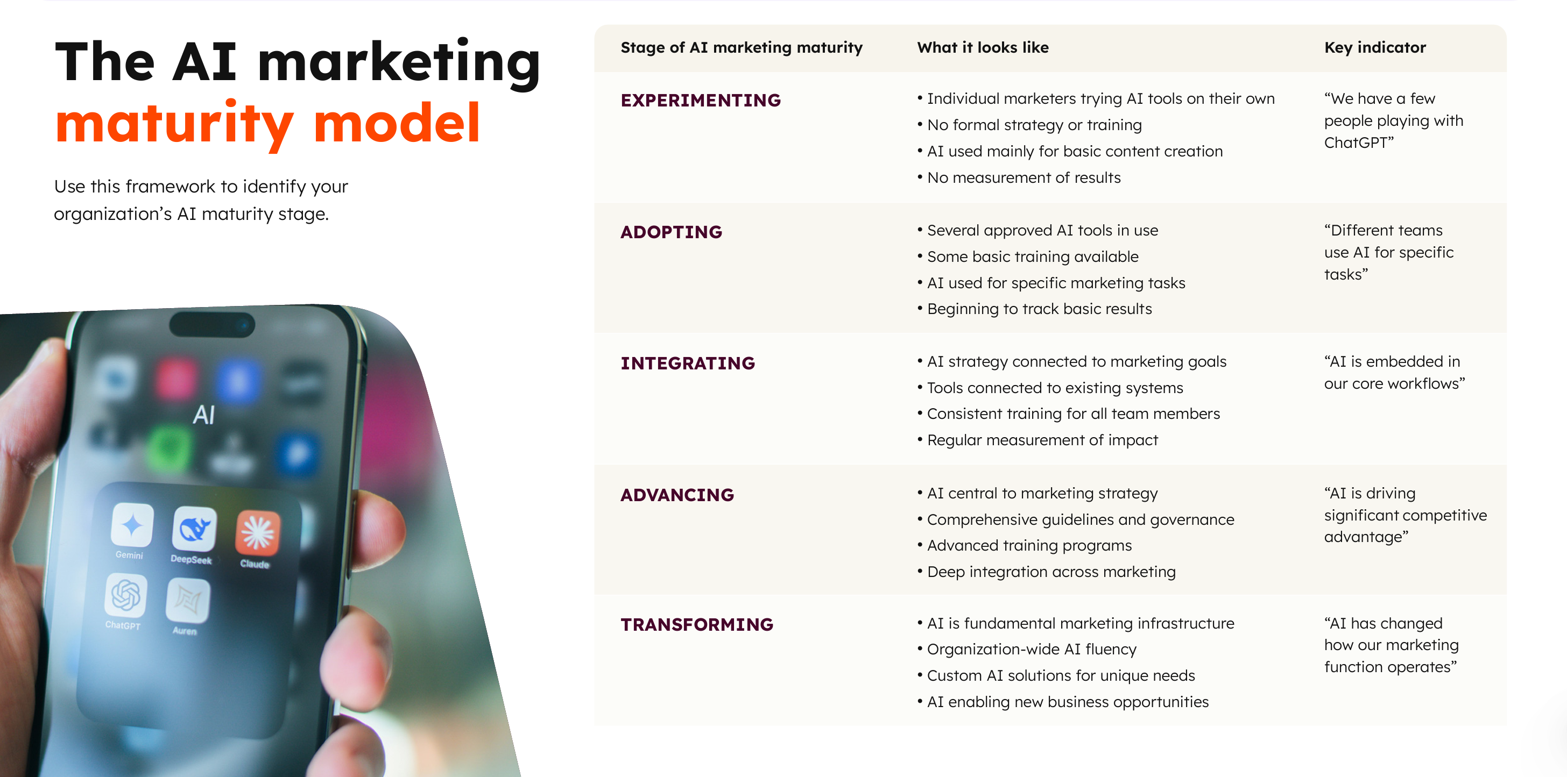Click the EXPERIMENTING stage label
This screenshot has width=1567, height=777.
click(x=700, y=101)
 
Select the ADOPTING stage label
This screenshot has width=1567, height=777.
click(x=671, y=232)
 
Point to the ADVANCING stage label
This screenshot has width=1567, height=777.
click(x=677, y=495)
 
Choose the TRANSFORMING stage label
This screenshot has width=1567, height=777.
click(x=696, y=624)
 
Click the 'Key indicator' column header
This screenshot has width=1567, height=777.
click(x=1375, y=47)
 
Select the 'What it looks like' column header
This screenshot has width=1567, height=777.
click(x=983, y=47)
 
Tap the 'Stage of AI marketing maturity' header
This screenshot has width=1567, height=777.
click(x=742, y=47)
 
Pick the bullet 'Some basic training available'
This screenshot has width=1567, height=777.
click(x=1027, y=256)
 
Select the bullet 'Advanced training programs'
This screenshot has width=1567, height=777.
click(x=1025, y=545)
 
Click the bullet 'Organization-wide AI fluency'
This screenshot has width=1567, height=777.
click(x=1026, y=650)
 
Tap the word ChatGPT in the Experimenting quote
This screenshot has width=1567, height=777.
click(x=1356, y=143)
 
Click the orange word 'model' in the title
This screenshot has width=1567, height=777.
click(x=397, y=124)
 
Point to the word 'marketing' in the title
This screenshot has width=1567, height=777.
click(x=399, y=62)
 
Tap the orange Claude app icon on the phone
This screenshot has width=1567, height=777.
click(x=258, y=532)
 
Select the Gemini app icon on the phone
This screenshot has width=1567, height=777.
click(x=132, y=525)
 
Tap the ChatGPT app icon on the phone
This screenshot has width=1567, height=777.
click(x=126, y=595)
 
